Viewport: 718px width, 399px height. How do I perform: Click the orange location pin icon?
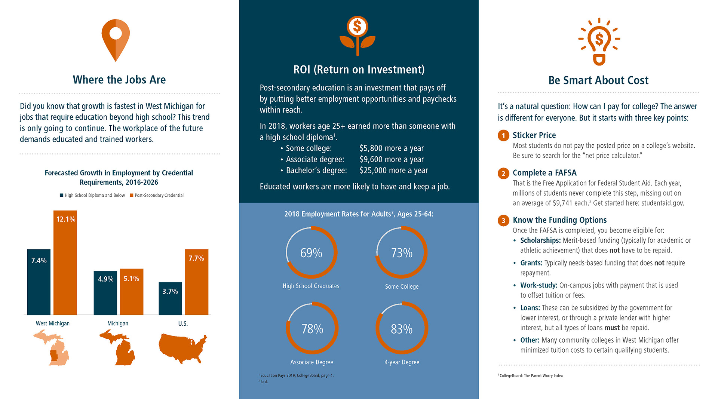tap(116, 40)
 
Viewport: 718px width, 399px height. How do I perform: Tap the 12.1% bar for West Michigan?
tap(65, 266)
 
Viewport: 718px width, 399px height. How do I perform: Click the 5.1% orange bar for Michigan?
tap(131, 294)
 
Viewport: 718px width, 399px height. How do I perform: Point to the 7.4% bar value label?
tap(39, 261)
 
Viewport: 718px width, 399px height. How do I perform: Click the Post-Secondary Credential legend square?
tap(132, 195)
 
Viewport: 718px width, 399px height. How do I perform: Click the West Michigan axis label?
tap(53, 323)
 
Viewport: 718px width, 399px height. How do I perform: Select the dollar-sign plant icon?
tap(358, 36)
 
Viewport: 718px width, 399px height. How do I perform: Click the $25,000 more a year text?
tap(393, 171)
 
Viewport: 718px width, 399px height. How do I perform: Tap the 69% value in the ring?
tap(311, 253)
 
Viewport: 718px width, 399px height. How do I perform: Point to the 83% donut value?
tap(402, 329)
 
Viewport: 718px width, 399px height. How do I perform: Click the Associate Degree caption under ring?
tap(312, 362)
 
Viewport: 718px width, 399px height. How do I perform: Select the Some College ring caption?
tap(402, 286)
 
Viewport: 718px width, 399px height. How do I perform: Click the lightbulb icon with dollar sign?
tap(599, 41)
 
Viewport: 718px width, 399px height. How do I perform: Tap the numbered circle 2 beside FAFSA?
tap(503, 174)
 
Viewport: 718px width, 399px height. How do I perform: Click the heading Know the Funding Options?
tap(559, 220)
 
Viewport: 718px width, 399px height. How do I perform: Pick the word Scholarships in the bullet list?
tap(540, 240)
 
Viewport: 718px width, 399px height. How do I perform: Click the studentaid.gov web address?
tap(663, 203)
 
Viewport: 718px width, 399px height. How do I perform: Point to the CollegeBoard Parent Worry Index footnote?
tap(531, 376)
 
